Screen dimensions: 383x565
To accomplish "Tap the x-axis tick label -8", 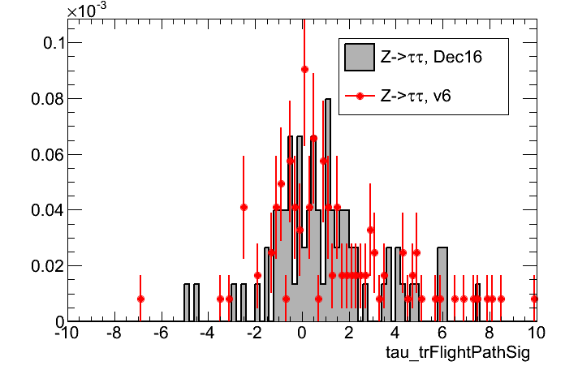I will point(114,334).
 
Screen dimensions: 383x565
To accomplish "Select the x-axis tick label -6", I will point(161,334).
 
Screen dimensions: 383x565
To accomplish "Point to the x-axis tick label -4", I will point(208,334).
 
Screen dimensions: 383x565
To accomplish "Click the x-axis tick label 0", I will point(302,334).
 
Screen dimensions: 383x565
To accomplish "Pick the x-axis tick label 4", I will point(395,334).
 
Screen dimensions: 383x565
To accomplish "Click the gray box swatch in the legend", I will point(359,58).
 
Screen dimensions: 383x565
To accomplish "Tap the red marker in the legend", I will point(359,96).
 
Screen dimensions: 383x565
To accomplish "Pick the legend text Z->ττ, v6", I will point(421,96).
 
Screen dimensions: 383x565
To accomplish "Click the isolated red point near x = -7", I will point(140,299).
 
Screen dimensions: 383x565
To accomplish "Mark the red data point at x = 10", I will point(535,299).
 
